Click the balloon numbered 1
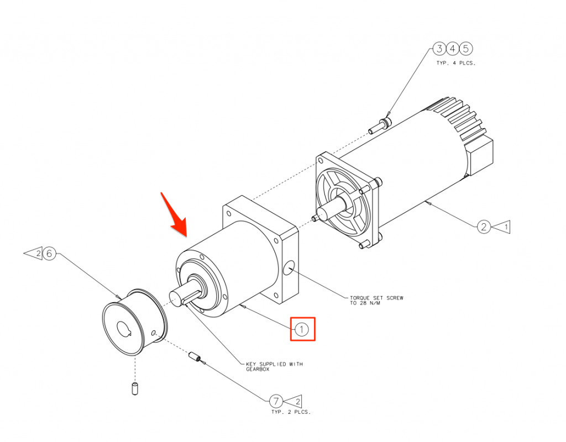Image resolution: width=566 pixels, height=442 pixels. (x=301, y=329)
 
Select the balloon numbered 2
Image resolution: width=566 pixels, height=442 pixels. (x=484, y=227)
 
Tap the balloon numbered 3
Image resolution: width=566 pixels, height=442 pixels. (x=439, y=49)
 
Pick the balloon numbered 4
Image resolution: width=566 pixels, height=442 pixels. (x=453, y=49)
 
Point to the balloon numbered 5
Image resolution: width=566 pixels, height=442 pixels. (x=466, y=49)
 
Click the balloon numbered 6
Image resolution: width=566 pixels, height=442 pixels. (x=49, y=254)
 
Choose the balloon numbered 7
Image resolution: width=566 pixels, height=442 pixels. (x=276, y=401)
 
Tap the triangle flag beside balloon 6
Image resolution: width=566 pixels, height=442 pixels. (x=33, y=254)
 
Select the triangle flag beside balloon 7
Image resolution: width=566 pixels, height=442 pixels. (x=293, y=401)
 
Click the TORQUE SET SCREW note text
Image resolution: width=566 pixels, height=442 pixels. (x=376, y=301)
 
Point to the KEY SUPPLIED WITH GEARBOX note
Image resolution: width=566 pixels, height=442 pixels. (x=274, y=367)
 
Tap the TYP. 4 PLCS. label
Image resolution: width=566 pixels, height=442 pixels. (x=456, y=63)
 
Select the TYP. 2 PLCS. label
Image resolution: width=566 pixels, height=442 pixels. (x=291, y=412)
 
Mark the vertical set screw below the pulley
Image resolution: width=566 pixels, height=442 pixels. (x=135, y=388)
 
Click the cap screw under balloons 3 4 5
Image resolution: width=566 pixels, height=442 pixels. (x=380, y=124)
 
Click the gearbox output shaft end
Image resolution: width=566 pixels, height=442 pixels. (x=177, y=299)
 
